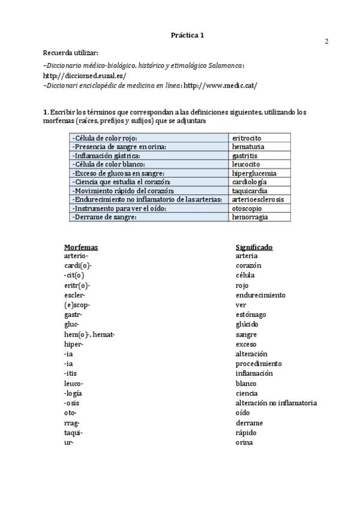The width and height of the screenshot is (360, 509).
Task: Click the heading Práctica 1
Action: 187,35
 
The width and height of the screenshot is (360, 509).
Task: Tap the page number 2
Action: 327,41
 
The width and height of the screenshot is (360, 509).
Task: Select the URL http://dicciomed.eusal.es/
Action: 85,76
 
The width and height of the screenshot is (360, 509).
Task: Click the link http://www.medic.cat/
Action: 220,85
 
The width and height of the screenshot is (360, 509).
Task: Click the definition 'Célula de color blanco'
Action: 108,164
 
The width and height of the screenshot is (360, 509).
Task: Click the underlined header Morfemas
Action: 81,247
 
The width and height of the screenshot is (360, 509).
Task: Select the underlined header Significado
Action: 254,247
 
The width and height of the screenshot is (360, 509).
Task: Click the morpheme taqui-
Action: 73,433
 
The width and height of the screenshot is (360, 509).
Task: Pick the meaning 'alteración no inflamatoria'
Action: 276,403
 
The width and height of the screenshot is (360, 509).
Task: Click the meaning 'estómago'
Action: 251,315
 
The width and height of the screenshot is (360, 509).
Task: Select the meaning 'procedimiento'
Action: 259,364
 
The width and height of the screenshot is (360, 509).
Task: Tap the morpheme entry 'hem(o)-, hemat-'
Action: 89,334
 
